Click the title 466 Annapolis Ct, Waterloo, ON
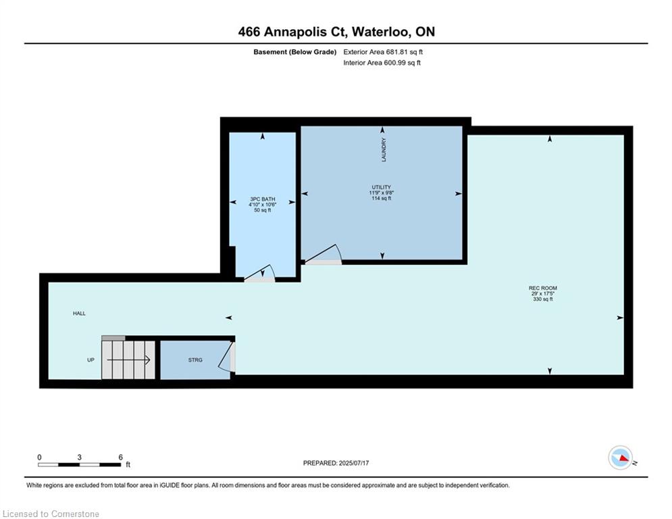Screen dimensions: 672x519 coord(336,32)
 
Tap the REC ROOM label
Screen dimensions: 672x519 coord(542,289)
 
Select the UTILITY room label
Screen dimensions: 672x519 coord(382,187)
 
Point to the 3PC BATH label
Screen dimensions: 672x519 coord(262,199)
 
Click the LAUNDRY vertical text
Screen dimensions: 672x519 coord(384,150)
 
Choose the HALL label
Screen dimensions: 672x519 coord(79,314)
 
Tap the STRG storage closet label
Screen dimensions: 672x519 coord(195,360)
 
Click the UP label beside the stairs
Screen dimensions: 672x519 coord(91,360)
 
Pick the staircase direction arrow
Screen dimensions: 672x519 coord(128,360)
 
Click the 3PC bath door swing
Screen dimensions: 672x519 coord(260,273)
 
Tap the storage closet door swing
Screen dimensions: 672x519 coord(226,355)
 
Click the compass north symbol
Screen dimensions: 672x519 coord(621,458)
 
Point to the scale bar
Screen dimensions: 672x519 coord(79,464)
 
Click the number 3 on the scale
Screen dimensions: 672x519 coord(79,458)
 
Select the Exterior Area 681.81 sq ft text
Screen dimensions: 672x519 coord(383,52)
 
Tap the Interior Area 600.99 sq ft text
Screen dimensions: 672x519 coord(382,63)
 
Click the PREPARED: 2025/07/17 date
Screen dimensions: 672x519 coord(336,463)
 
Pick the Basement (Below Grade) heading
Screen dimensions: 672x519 coord(295,52)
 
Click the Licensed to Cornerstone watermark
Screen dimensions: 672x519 coord(51,514)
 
